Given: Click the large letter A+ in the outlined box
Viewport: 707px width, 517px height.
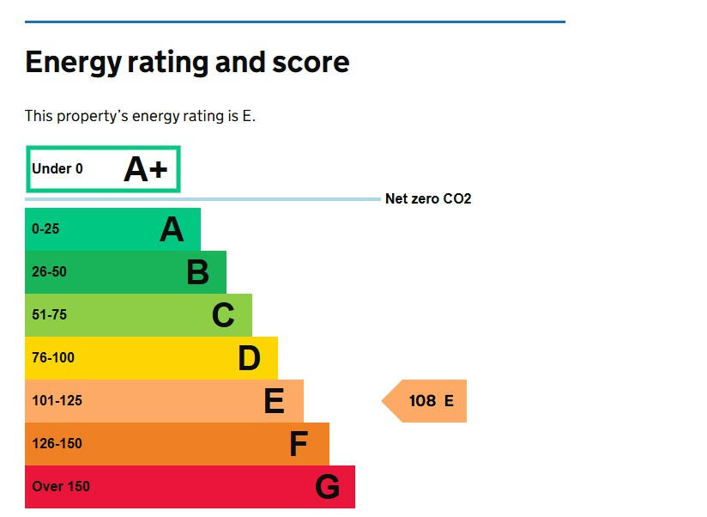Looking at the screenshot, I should coord(146,169).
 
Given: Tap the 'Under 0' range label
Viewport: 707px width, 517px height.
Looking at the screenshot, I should coord(57,169).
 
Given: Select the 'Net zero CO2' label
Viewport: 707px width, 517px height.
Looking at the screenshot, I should coord(428,199).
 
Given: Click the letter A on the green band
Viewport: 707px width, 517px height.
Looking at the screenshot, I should coord(172,229).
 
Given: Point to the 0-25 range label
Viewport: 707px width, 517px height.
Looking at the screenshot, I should coord(45,229).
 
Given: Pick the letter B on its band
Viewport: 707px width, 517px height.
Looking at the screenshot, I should coord(197,272).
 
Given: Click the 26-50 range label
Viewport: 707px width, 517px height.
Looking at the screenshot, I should coord(49,272).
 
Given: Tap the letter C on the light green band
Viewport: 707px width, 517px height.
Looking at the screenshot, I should coord(223,315).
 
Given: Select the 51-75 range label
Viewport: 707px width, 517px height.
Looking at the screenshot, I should coord(49,315).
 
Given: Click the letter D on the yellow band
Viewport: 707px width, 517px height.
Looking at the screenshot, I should coord(249,358).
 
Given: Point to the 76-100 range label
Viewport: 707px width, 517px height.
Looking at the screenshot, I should coord(53,358).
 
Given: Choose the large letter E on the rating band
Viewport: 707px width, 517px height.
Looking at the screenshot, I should coord(274,401).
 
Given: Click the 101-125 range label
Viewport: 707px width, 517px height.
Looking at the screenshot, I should coord(57,401).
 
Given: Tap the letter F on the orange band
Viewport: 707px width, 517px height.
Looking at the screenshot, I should coord(299,444).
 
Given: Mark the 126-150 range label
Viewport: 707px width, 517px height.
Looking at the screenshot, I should coord(57,444).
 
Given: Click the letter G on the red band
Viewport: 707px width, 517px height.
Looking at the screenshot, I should coord(327,487).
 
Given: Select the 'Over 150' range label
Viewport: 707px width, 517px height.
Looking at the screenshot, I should coord(61,487).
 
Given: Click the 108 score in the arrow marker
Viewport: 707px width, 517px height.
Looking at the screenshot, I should coord(422,401).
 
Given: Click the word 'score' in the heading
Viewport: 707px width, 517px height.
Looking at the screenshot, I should coord(313,63).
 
